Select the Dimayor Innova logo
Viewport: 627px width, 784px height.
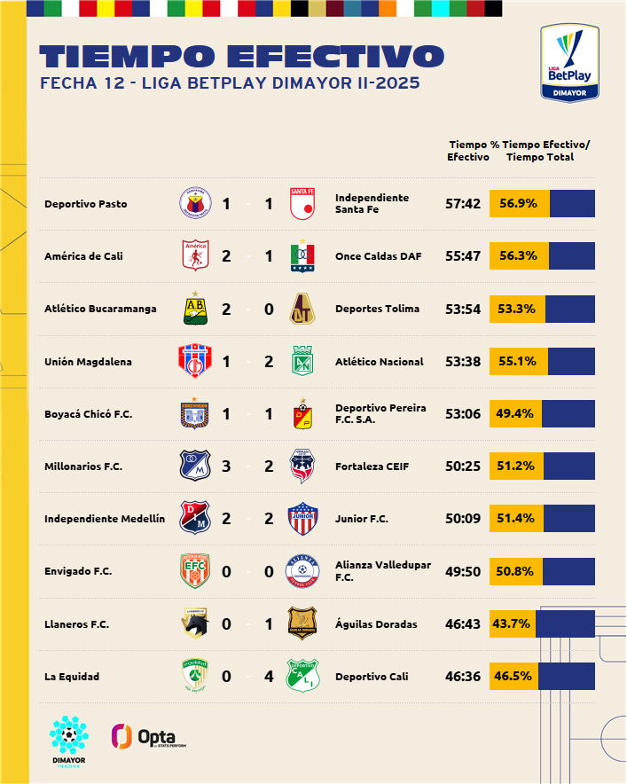click(x=68, y=741)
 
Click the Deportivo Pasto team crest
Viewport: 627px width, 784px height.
click(x=194, y=204)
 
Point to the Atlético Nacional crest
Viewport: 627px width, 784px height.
click(x=304, y=361)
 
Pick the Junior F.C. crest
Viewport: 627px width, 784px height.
click(x=304, y=519)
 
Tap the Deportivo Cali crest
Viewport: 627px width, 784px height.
click(x=304, y=677)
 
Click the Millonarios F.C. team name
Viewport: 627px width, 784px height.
click(x=83, y=466)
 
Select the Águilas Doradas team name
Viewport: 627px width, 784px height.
click(x=376, y=624)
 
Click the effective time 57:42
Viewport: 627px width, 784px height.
click(x=463, y=204)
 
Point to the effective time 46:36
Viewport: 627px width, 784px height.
click(x=463, y=677)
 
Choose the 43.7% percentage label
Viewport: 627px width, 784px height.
click(x=513, y=623)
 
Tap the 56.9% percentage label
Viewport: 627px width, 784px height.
click(x=518, y=203)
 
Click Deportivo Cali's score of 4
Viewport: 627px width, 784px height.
click(x=269, y=677)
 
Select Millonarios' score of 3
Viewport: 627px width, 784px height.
click(x=226, y=466)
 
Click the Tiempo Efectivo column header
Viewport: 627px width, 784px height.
click(x=467, y=151)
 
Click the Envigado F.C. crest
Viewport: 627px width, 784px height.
click(x=194, y=571)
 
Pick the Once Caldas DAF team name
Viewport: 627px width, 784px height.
click(x=379, y=256)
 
